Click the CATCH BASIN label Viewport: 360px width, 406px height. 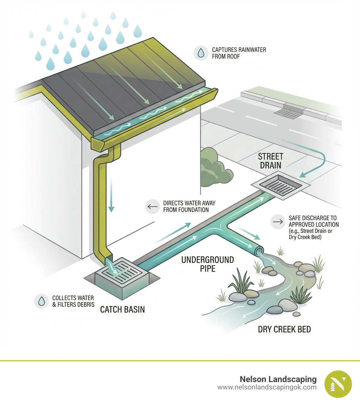tap(122, 310)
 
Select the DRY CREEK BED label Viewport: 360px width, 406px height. tap(284, 330)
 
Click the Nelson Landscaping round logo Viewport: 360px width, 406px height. tap(338, 384)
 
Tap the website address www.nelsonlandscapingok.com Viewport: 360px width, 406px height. tap(267, 387)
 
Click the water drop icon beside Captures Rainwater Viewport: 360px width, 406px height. tap(201, 53)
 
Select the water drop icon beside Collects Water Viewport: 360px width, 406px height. tap(41, 301)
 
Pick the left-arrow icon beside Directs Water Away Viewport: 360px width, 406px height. tap(153, 207)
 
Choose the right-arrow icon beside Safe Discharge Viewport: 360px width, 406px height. tap(278, 222)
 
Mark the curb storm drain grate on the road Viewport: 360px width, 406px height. tap(288, 113)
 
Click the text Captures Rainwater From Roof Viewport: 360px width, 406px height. tap(239, 53)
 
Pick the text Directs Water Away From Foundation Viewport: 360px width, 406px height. tap(189, 207)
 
